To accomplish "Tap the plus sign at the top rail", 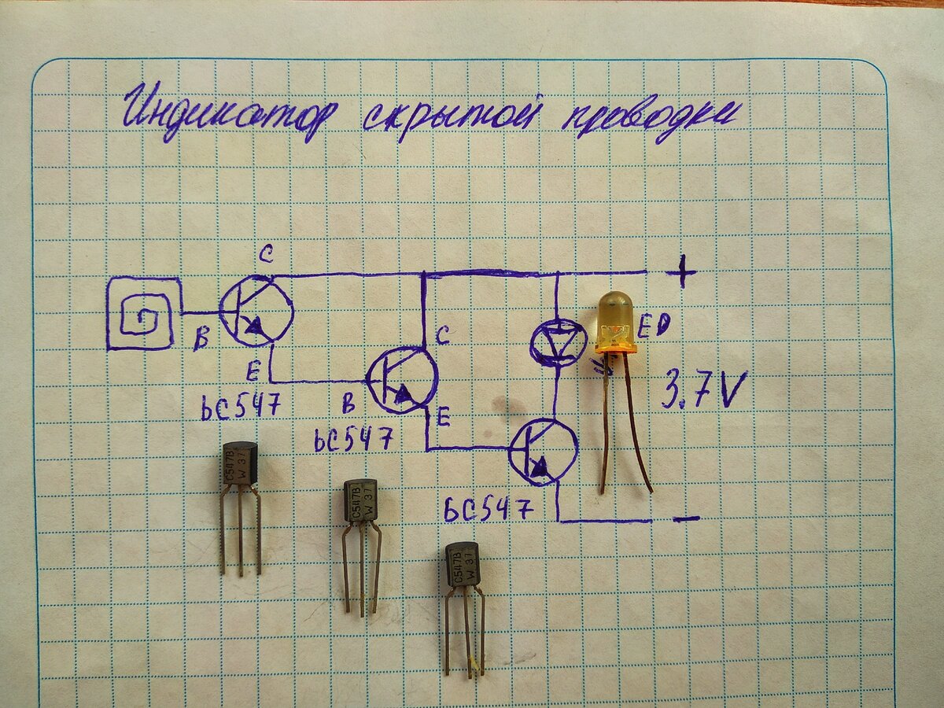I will pos(681,273).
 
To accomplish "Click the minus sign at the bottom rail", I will pos(686,518).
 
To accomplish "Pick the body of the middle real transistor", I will pos(360,500).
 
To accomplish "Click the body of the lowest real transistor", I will pos(463,563).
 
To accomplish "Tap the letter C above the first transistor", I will pos(265,254).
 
